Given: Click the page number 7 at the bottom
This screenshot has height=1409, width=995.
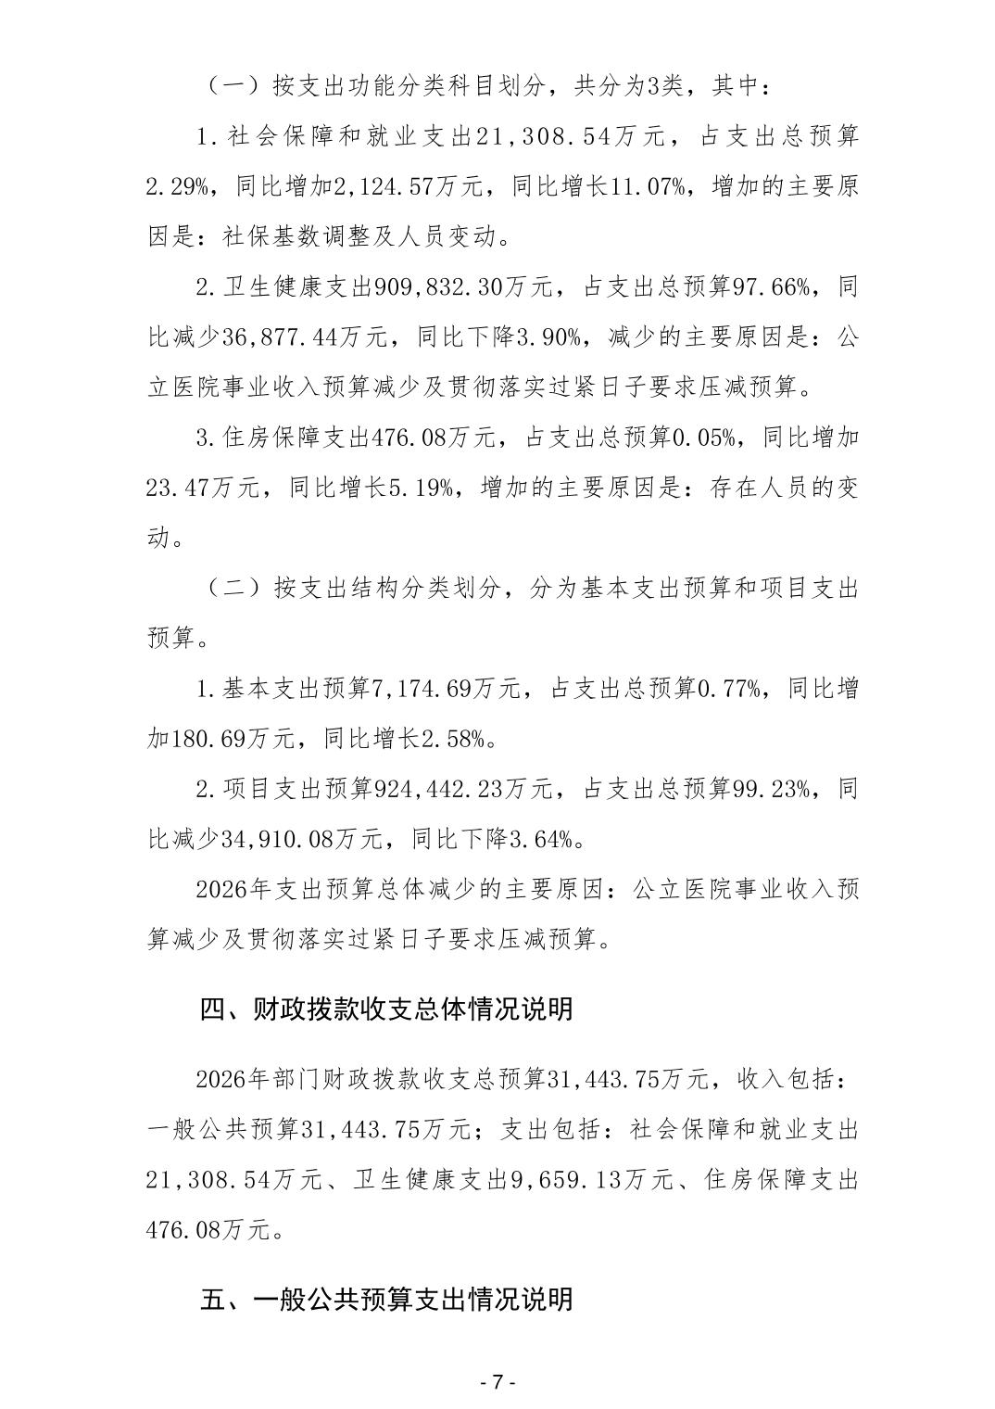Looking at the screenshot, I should click(x=497, y=1381).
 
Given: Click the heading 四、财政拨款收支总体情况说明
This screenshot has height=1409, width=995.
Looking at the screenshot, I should click(x=386, y=1009).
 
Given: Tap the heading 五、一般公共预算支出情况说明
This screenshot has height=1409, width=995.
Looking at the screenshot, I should click(x=386, y=1299).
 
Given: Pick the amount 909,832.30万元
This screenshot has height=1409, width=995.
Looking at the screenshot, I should click(x=464, y=287).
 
